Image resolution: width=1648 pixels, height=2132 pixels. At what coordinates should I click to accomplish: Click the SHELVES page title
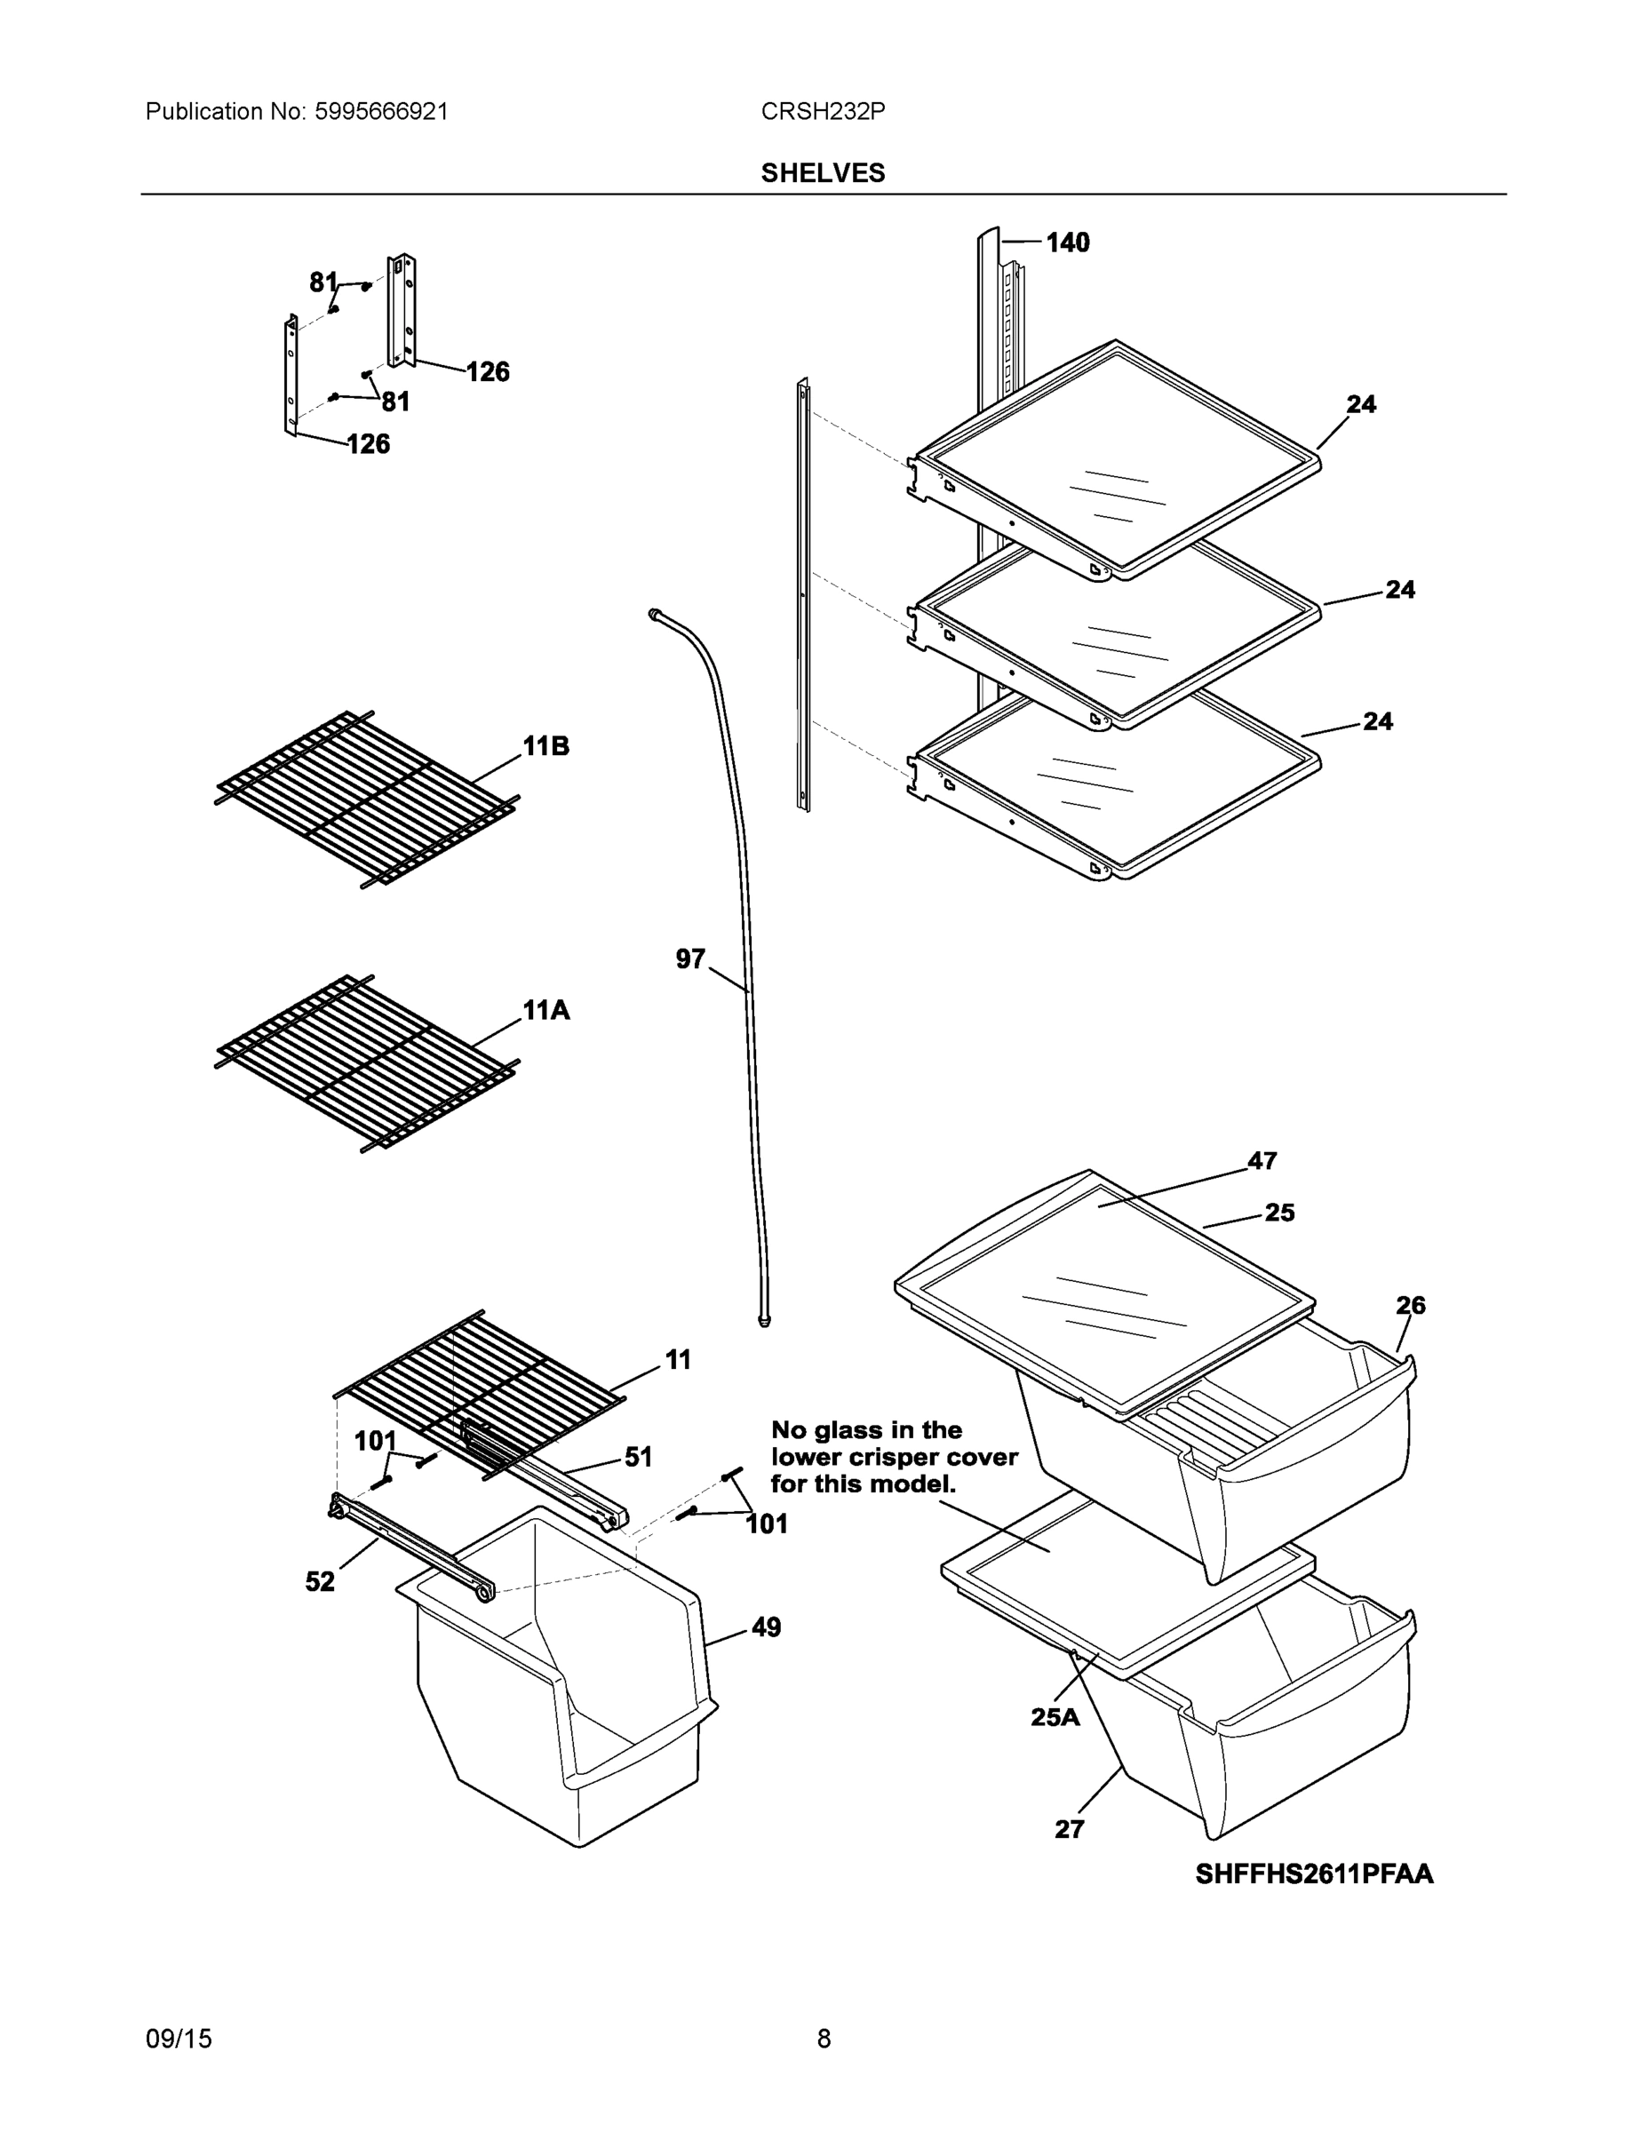point(822,173)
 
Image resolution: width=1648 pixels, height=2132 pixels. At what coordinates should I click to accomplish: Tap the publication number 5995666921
point(381,111)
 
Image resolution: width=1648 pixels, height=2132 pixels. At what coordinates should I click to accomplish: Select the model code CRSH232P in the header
point(822,111)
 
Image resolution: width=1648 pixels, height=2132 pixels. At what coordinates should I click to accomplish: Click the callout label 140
point(1067,243)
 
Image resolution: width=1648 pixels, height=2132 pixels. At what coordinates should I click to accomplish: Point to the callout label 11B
point(545,746)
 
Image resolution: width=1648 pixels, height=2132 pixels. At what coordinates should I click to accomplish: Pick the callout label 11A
point(545,1010)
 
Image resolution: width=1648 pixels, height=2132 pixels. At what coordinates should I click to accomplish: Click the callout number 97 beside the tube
point(689,959)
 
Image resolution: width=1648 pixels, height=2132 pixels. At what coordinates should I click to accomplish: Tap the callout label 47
point(1262,1161)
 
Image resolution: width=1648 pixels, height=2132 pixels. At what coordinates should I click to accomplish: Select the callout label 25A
point(1055,1717)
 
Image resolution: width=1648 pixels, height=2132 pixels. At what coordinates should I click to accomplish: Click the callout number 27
point(1069,1829)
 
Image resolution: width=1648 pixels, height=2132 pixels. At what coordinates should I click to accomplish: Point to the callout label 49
point(766,1627)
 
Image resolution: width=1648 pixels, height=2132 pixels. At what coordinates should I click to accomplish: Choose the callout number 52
point(319,1581)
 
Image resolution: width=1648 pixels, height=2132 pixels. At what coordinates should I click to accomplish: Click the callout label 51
point(638,1458)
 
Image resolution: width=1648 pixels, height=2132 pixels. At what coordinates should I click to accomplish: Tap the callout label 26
point(1410,1305)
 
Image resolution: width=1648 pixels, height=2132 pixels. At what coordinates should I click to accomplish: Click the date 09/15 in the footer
point(179,2039)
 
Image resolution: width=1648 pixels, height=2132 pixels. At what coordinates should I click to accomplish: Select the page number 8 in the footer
point(823,2039)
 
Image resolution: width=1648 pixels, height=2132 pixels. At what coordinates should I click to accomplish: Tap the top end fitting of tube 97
point(653,613)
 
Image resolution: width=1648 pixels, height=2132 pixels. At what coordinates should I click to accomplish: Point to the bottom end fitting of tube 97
point(764,1322)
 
